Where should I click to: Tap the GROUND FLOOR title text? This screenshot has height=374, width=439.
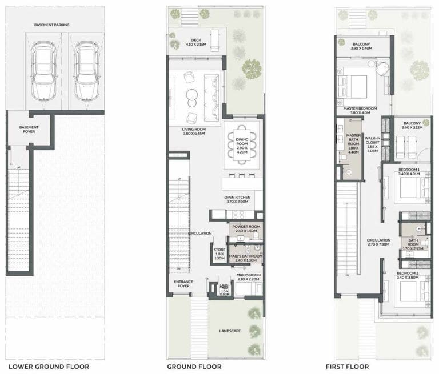pos(194,367)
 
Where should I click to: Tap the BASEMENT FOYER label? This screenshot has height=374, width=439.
pos(28,130)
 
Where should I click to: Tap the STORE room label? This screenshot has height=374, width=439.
pos(219,251)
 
